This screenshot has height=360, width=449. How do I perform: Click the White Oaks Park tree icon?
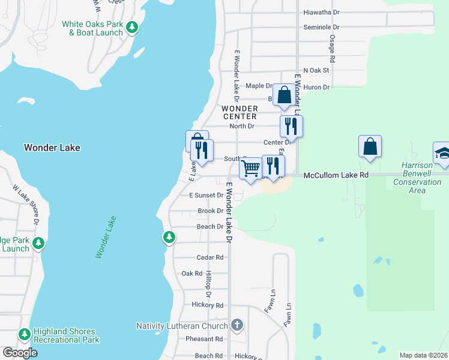pos(132,27)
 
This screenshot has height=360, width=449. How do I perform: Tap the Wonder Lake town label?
pos(52,148)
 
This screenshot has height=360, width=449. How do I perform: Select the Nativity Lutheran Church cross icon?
pos(237,326)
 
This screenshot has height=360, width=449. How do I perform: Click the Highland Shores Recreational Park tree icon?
pos(25,334)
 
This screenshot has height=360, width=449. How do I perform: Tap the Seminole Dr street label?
pos(321,28)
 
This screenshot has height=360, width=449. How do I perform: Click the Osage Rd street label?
pos(331,49)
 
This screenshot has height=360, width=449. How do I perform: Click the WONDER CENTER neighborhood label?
pos(240,112)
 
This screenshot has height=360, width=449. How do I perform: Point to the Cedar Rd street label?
pos(210,257)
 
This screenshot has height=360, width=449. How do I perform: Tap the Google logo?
pos(20,352)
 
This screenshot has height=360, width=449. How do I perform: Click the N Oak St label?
pos(316,70)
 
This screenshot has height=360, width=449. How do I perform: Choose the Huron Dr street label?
pos(318,87)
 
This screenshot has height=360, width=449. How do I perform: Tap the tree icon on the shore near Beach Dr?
pos(169,237)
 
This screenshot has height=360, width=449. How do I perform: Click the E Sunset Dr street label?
pos(206,196)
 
